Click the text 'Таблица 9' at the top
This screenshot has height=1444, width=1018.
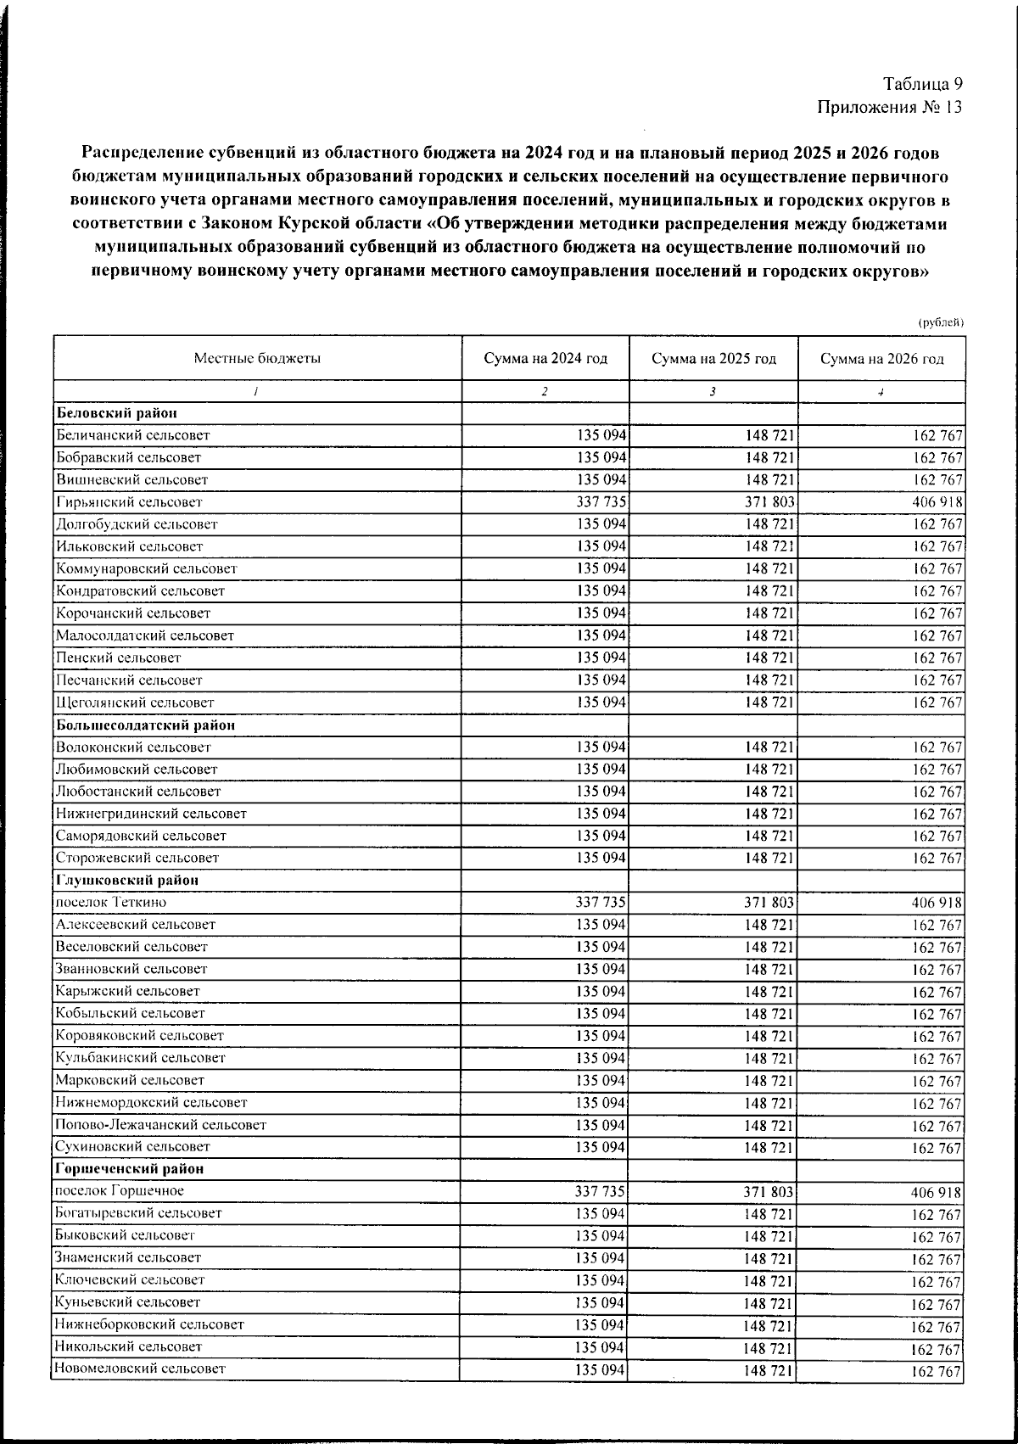(x=922, y=84)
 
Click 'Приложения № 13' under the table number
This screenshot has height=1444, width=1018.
(x=890, y=108)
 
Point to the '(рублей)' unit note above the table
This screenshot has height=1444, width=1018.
(x=941, y=322)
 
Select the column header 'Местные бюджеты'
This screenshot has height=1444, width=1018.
(x=257, y=359)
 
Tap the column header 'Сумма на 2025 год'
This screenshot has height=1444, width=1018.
(x=713, y=359)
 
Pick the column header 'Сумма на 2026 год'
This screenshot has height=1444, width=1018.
(x=881, y=359)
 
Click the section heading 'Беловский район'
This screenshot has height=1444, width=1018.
(x=117, y=413)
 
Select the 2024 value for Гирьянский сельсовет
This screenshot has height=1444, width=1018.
(x=601, y=502)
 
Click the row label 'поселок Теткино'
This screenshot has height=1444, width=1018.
(x=111, y=903)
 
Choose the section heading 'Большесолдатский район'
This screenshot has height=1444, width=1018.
(x=146, y=725)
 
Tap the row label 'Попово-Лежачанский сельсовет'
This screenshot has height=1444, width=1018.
(x=160, y=1125)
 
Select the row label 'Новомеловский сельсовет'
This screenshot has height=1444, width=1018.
(x=141, y=1368)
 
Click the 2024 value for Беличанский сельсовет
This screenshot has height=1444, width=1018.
(x=601, y=435)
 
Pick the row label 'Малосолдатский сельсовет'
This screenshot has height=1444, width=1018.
(x=144, y=635)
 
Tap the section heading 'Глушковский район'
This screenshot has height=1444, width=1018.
(x=127, y=881)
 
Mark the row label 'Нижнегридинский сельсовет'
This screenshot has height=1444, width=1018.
(x=151, y=814)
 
